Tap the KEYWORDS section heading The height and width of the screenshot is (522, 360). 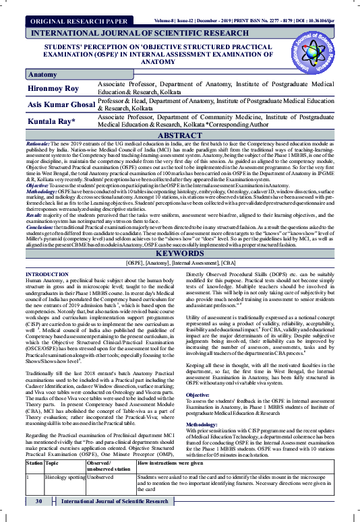click(180, 253)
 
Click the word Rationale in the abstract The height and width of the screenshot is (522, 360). click(39, 144)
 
